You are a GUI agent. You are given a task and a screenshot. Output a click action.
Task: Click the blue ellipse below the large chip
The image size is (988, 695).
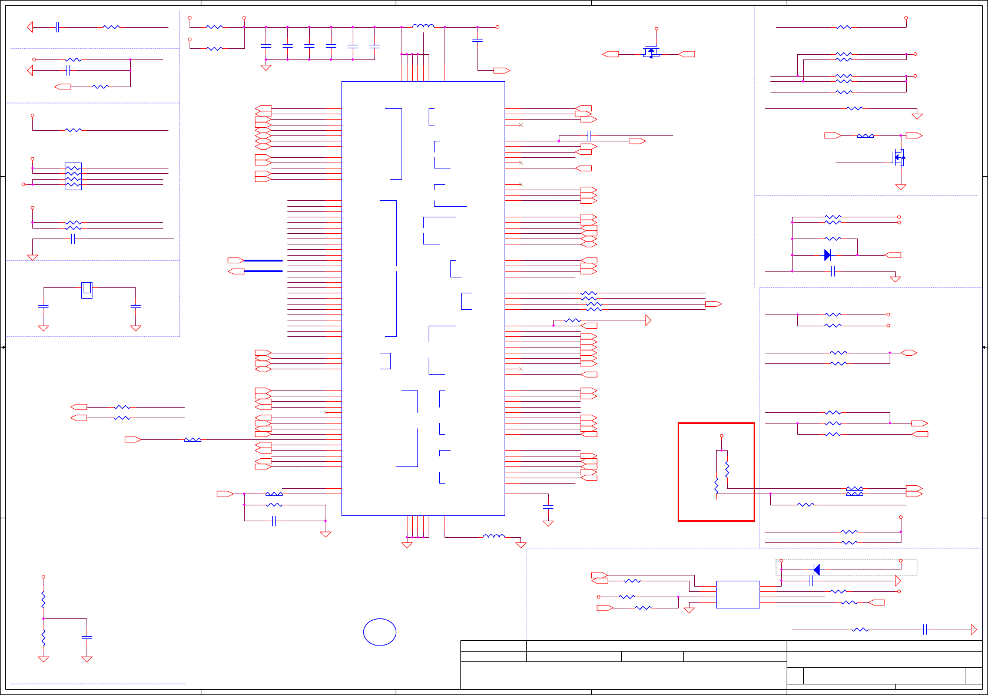coord(380,632)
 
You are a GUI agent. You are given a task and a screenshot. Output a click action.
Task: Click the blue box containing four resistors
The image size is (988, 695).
coord(73,176)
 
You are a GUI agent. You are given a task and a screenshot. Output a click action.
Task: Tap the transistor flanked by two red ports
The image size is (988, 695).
coord(651,52)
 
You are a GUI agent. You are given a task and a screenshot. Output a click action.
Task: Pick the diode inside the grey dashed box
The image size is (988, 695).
coord(817,570)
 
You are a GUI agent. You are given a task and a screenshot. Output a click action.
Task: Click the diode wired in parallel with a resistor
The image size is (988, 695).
coord(827,255)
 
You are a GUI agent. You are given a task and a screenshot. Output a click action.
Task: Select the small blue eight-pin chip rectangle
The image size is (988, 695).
coord(738,594)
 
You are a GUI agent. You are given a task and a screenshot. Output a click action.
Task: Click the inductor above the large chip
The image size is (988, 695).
coord(423,26)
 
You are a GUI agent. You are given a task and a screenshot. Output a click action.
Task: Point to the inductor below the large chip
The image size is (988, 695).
coord(493,537)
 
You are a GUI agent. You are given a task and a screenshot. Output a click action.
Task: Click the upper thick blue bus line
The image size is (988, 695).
coord(263,260)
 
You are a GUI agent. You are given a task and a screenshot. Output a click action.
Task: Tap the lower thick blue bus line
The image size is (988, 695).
coord(263,271)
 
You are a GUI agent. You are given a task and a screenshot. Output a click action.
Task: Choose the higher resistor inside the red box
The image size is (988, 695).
coord(727,469)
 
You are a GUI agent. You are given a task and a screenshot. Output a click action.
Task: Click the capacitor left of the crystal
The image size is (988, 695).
coord(43,307)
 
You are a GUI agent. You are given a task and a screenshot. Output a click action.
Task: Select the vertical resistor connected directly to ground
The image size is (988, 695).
coord(43,637)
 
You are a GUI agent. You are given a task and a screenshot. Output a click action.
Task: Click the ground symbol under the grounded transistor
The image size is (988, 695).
coord(900,187)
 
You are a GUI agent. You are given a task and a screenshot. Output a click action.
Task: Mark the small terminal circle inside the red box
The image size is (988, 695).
coord(721,436)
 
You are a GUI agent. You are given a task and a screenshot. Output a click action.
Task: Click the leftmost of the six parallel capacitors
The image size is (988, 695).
coord(266,45)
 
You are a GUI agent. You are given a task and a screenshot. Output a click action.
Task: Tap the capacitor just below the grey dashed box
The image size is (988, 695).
coord(811,581)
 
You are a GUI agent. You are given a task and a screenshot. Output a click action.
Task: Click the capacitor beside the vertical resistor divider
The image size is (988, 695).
coord(87,637)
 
